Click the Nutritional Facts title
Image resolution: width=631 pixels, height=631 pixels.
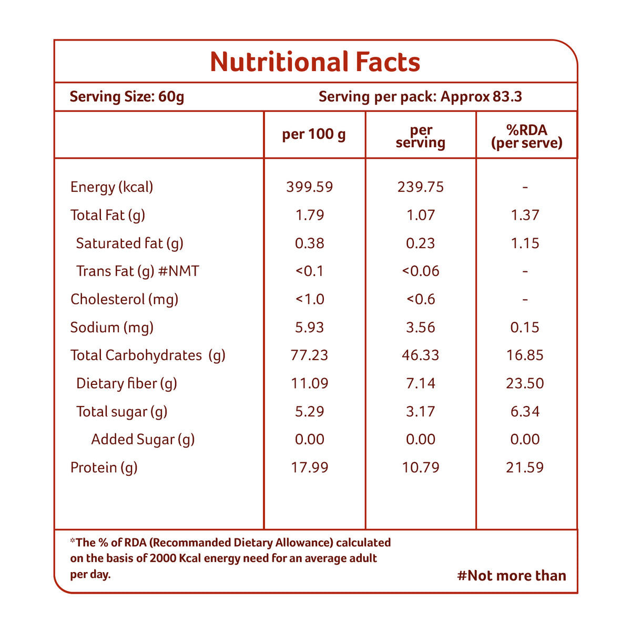pos(315,62)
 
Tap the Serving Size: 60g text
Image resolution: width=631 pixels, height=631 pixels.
pos(127,97)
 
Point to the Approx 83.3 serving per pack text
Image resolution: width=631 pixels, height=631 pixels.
pos(481,97)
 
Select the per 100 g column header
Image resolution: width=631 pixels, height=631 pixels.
pos(314,135)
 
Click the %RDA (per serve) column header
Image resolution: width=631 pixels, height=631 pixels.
pos(526,136)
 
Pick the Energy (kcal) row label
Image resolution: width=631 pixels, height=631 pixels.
pos(111,187)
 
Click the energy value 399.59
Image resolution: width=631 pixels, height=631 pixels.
pos(310,187)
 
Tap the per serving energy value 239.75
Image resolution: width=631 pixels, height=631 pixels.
pos(421,187)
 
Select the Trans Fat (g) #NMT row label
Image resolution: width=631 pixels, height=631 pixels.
pos(137,271)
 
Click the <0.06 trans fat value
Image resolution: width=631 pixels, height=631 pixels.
pos(421,271)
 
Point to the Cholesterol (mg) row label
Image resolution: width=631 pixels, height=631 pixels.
pos(124,299)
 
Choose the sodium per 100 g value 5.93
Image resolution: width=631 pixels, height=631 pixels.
pos(310,328)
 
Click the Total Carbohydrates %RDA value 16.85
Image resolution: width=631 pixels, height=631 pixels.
pos(525,355)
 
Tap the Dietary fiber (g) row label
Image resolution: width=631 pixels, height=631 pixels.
pos(126,383)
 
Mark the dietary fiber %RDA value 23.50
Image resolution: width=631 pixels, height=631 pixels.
pos(525,383)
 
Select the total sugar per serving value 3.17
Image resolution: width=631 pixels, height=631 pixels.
pos(421,411)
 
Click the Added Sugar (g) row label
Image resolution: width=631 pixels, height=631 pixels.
pos(143,440)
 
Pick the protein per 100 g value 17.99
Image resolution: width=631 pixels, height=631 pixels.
pos(310,467)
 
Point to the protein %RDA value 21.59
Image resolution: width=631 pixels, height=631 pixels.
pos(525,467)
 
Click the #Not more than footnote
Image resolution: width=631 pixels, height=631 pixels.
pos(512,576)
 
